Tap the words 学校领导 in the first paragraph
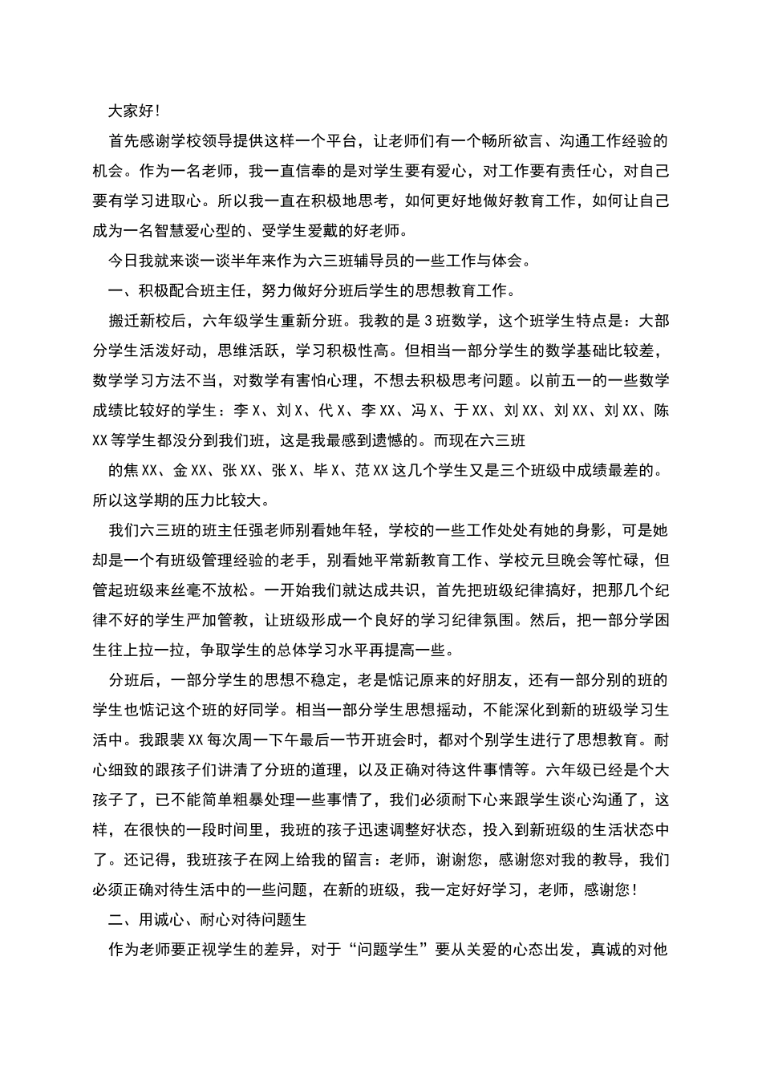tap(210, 142)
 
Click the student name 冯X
tap(424, 411)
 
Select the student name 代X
tap(330, 411)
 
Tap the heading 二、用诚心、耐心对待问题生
tap(207, 920)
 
